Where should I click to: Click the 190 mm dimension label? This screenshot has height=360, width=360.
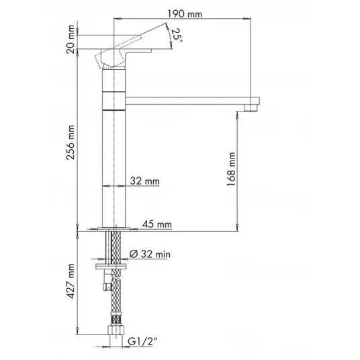185,14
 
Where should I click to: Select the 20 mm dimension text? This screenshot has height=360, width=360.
71,39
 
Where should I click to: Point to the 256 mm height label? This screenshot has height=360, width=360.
71,142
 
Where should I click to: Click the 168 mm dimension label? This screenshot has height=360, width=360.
231,169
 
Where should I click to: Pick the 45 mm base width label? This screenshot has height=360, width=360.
156,224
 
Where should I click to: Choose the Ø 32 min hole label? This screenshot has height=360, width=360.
150,254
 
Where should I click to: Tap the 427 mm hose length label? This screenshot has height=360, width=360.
71,281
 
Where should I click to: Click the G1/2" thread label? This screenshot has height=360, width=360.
142,341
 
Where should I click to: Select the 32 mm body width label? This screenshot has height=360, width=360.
144,181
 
